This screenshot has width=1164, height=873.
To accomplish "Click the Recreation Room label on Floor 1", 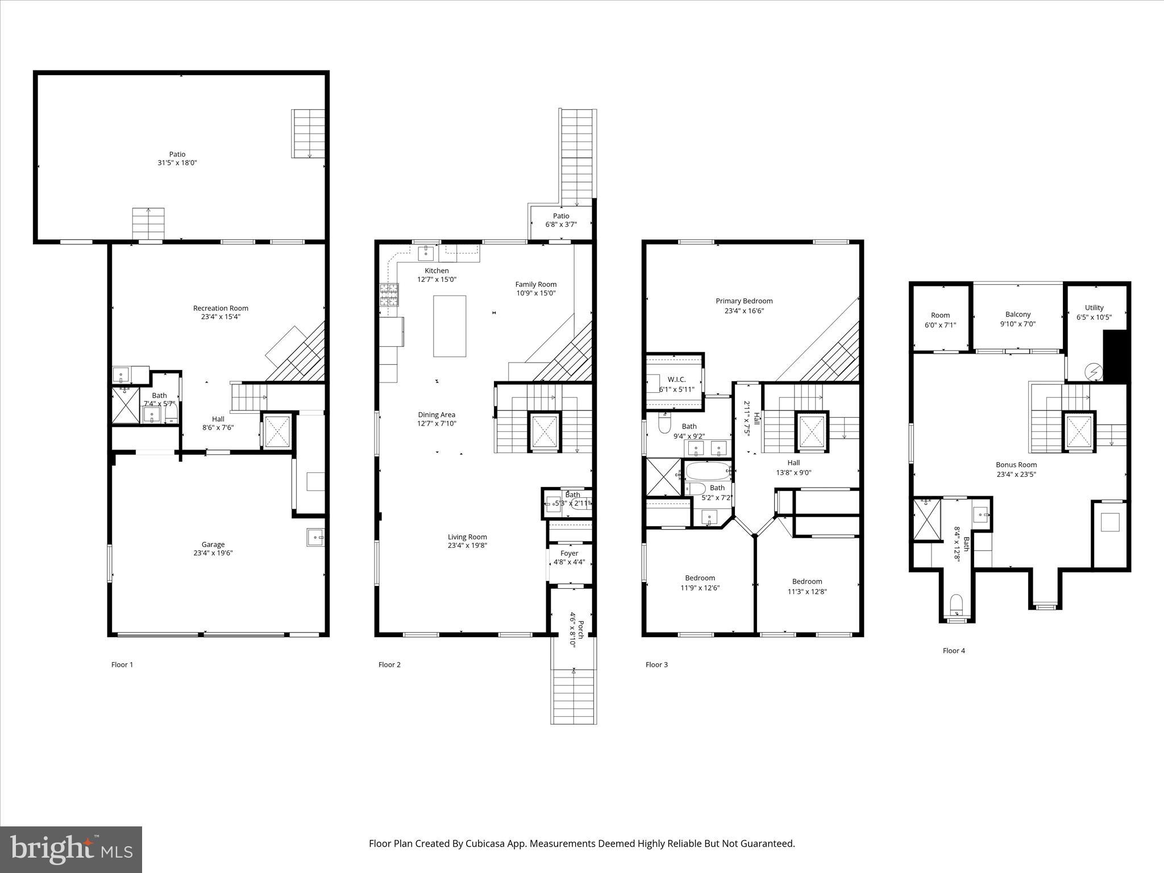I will pyautogui.click(x=221, y=309).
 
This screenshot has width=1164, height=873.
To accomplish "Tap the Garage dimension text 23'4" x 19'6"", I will pyautogui.click(x=213, y=552).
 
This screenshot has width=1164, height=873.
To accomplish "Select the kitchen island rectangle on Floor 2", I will pyautogui.click(x=450, y=326).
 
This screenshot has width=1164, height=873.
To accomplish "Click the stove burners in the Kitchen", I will pyautogui.click(x=389, y=295).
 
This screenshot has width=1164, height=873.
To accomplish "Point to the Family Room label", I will pyautogui.click(x=535, y=284).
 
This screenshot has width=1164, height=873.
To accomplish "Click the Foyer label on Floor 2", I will pyautogui.click(x=569, y=553).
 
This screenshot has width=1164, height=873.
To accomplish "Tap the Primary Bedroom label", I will pyautogui.click(x=744, y=301).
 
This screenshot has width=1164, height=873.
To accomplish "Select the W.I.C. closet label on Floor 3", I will pyautogui.click(x=676, y=379).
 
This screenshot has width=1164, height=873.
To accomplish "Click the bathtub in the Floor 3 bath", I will pyautogui.click(x=707, y=471).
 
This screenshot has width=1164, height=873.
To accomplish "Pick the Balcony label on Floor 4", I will pyautogui.click(x=1017, y=314).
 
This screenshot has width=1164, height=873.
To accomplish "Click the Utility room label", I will pyautogui.click(x=1094, y=308).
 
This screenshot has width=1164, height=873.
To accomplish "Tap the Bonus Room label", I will pyautogui.click(x=1016, y=464).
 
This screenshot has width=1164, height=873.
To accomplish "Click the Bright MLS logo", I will pyautogui.click(x=71, y=850).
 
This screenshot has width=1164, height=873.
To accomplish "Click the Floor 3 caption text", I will pyautogui.click(x=656, y=664).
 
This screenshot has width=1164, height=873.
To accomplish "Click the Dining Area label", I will pyautogui.click(x=436, y=415).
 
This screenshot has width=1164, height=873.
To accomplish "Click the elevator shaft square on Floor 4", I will pyautogui.click(x=1079, y=431).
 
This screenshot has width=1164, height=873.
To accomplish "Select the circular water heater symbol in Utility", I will pyautogui.click(x=1094, y=372).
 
